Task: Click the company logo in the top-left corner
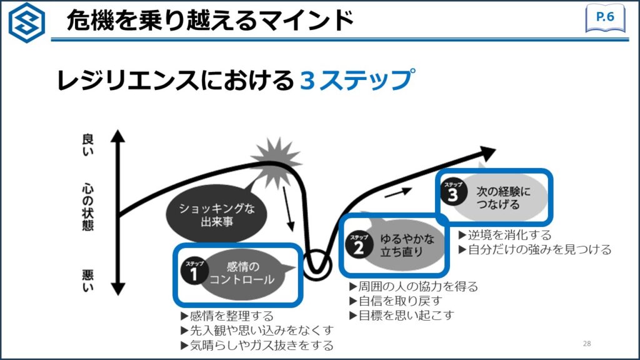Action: (x=26, y=22)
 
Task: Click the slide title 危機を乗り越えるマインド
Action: (x=209, y=21)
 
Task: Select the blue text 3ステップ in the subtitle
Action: (x=357, y=80)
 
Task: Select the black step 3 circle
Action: (x=453, y=192)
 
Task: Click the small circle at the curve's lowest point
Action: (x=317, y=262)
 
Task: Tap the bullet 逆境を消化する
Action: (x=505, y=235)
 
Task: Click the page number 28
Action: (x=586, y=344)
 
